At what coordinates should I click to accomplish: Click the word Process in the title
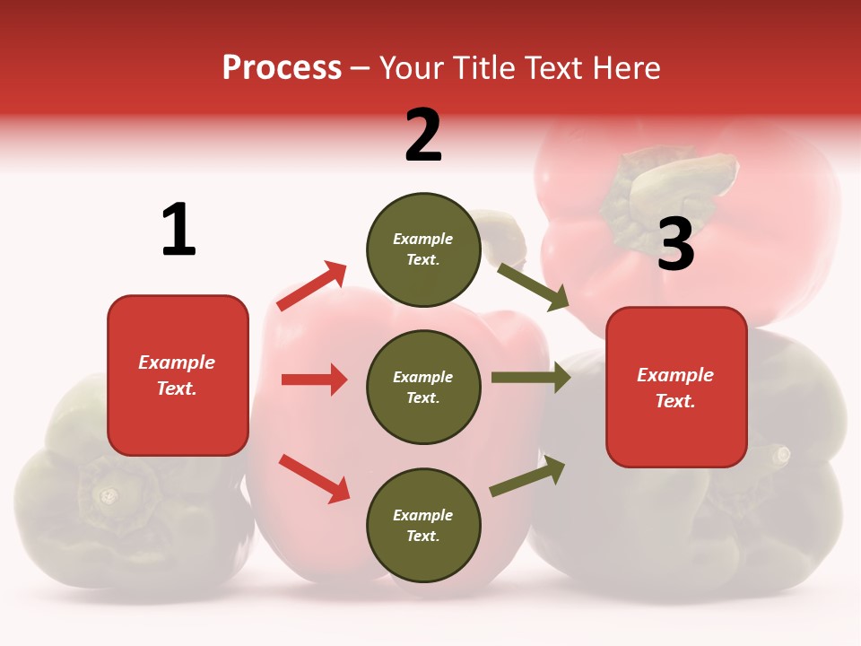pyautogui.click(x=282, y=68)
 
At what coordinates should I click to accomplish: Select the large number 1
pyautogui.click(x=178, y=231)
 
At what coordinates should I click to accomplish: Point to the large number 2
pyautogui.click(x=423, y=135)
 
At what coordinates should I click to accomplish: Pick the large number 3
pyautogui.click(x=675, y=244)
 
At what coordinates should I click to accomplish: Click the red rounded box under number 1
pyautogui.click(x=178, y=375)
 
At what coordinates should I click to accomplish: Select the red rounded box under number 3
pyautogui.click(x=676, y=387)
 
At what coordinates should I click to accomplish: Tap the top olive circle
pyautogui.click(x=423, y=249)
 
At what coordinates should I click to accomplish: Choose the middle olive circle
pyautogui.click(x=423, y=387)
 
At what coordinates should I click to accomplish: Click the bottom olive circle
pyautogui.click(x=423, y=525)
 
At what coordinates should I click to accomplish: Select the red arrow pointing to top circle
pyautogui.click(x=312, y=285)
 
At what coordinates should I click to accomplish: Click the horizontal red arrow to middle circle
pyautogui.click(x=314, y=380)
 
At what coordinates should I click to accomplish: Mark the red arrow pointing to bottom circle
pyautogui.click(x=314, y=478)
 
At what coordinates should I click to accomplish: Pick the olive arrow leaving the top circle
pyautogui.click(x=534, y=286)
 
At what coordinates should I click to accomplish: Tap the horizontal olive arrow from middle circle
pyautogui.click(x=530, y=377)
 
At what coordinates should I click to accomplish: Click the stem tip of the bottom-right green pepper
pyautogui.click(x=782, y=455)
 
